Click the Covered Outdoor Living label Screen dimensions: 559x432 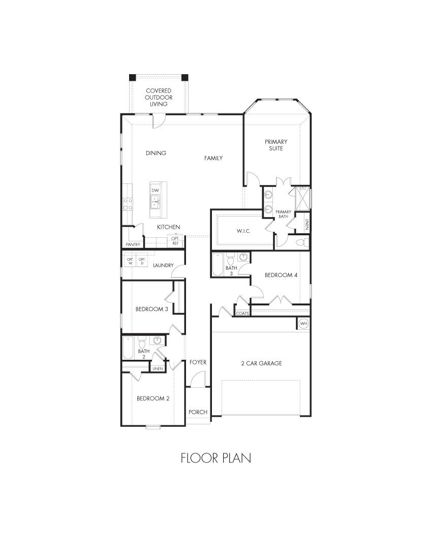[x=158, y=97]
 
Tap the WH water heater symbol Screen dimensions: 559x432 [x=303, y=323]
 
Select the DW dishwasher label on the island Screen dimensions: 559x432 [x=156, y=191]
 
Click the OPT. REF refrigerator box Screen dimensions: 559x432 [x=175, y=240]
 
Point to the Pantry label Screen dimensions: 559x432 [x=133, y=244]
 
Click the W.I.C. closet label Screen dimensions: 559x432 [x=243, y=231]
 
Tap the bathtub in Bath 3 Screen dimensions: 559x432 [x=218, y=264]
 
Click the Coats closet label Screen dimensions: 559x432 [x=242, y=314]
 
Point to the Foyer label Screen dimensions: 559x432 [x=198, y=362]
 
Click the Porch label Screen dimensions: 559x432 [x=198, y=412]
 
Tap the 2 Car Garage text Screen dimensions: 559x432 [x=261, y=363]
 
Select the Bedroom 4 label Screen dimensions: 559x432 [x=281, y=275]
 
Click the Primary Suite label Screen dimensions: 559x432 [x=276, y=145]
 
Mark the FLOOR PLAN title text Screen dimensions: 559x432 [x=215, y=458]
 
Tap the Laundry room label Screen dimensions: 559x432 [x=163, y=265]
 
